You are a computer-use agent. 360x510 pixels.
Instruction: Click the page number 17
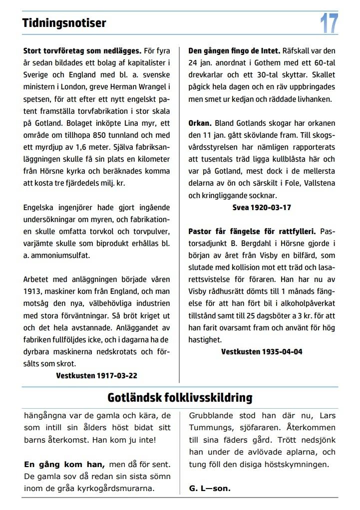[x=329, y=23]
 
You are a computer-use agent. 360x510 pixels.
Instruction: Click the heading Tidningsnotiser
[x=64, y=23]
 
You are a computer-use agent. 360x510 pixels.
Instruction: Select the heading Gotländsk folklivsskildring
[x=180, y=397]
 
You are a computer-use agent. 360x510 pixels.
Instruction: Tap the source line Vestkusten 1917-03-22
[x=97, y=375]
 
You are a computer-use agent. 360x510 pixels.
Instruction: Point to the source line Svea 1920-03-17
[x=262, y=207]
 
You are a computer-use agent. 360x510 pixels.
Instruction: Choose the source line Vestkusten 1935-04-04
[x=262, y=351]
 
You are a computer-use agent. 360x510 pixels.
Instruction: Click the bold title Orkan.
[x=200, y=123]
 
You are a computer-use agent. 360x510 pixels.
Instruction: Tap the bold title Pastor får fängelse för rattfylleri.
[x=252, y=231]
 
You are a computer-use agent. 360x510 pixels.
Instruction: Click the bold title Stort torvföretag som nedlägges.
[x=82, y=51]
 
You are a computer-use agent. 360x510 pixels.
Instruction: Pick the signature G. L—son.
[x=210, y=488]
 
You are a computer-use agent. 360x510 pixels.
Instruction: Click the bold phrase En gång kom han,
[x=64, y=464]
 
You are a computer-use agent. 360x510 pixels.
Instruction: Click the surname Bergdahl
[x=258, y=243]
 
